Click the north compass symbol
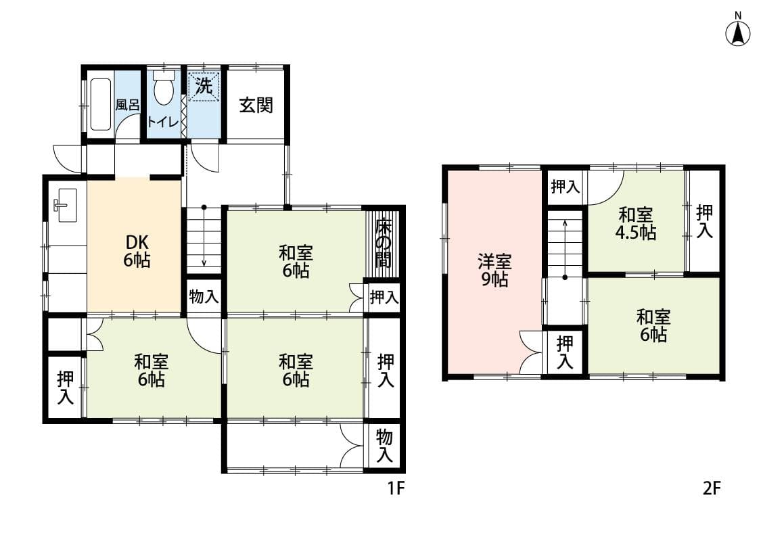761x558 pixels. coord(738,32)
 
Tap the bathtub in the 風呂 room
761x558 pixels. coord(100,104)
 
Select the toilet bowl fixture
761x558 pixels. coord(164,89)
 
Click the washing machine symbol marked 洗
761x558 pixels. coord(204,87)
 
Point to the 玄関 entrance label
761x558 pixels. coord(256,105)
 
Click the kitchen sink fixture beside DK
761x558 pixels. coord(65,205)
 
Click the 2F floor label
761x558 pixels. coord(712,488)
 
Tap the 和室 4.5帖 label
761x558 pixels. coord(636,224)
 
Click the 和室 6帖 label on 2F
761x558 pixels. coord(653,325)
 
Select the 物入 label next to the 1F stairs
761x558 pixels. coord(204,297)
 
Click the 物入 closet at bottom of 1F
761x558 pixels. coord(384,446)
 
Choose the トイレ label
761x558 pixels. coord(163,121)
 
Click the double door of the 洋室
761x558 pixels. coord(532,352)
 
